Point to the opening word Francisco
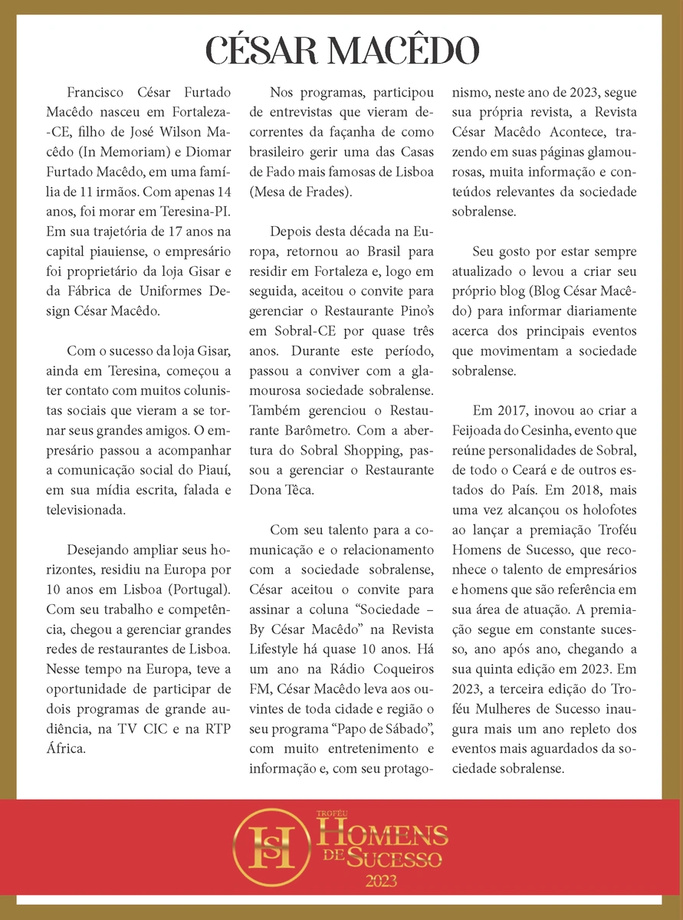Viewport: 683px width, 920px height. click(x=95, y=92)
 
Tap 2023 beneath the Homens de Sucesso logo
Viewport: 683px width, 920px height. click(x=381, y=879)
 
